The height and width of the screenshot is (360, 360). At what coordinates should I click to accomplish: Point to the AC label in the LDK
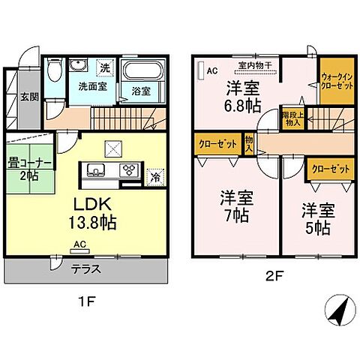coord(79,244)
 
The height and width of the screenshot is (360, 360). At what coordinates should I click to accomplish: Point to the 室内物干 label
coord(254,64)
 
